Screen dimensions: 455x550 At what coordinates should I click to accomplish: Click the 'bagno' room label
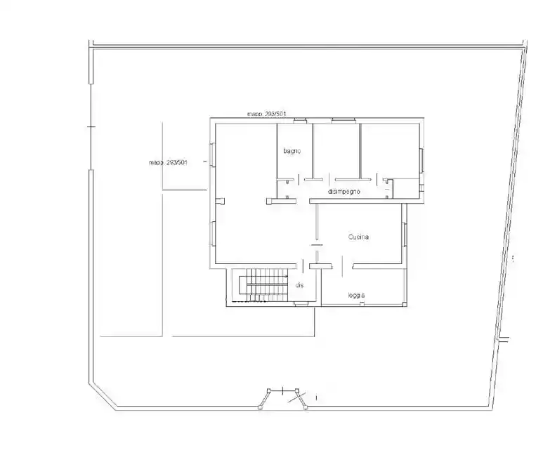(x=292, y=152)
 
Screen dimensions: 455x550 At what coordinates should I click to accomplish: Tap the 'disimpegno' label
(x=344, y=191)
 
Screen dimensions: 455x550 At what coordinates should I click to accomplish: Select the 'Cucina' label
(x=359, y=237)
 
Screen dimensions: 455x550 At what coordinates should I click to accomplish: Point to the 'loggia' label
(x=356, y=296)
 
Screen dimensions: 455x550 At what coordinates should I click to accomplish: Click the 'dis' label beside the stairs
(x=299, y=285)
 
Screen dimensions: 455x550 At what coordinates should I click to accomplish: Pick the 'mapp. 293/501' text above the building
(x=266, y=113)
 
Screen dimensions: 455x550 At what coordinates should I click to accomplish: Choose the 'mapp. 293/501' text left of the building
(x=168, y=162)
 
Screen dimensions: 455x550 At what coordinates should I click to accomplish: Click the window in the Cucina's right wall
(x=405, y=235)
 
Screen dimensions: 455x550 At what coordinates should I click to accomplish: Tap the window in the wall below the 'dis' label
(x=300, y=303)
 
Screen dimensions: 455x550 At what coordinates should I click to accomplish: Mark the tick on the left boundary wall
(x=90, y=126)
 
